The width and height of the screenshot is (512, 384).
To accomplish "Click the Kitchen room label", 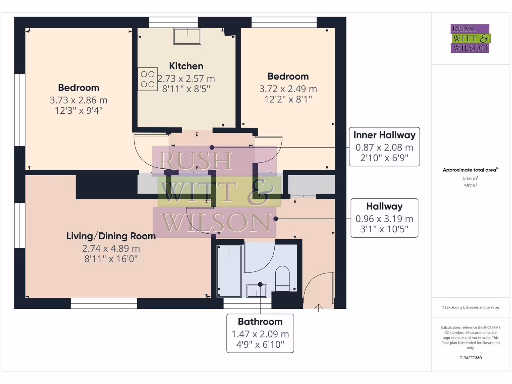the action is tap(186, 66).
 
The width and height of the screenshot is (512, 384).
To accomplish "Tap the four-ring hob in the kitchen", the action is tap(148, 79).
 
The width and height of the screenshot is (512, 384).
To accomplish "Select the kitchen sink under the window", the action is tap(187, 36).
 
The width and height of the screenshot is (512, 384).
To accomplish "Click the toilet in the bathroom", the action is tap(283, 278).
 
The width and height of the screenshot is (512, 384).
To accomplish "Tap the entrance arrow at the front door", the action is tap(318, 307).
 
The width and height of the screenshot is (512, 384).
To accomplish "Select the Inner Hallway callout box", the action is tap(384, 147).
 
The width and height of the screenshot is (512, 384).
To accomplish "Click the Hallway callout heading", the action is tap(384, 206).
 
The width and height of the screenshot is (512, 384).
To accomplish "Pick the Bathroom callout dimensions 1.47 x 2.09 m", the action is tap(260, 334).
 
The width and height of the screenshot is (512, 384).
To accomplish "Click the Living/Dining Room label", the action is tap(111, 236).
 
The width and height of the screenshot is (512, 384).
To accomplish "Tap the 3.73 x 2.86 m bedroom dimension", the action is tap(78, 100).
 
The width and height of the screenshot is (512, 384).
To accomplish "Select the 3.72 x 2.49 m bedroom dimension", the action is tap(288, 89).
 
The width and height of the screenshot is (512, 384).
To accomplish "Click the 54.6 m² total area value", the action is tap(470, 178).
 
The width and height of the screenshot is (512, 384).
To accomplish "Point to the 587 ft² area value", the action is tap(470, 186).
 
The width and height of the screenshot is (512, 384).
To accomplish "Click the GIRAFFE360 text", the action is tap(470, 358).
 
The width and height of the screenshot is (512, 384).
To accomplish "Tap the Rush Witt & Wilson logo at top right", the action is tap(470, 38).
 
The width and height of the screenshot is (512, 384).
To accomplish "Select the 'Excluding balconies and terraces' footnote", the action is tap(470, 307).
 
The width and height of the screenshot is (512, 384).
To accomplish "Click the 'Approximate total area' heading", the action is tap(470, 170).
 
